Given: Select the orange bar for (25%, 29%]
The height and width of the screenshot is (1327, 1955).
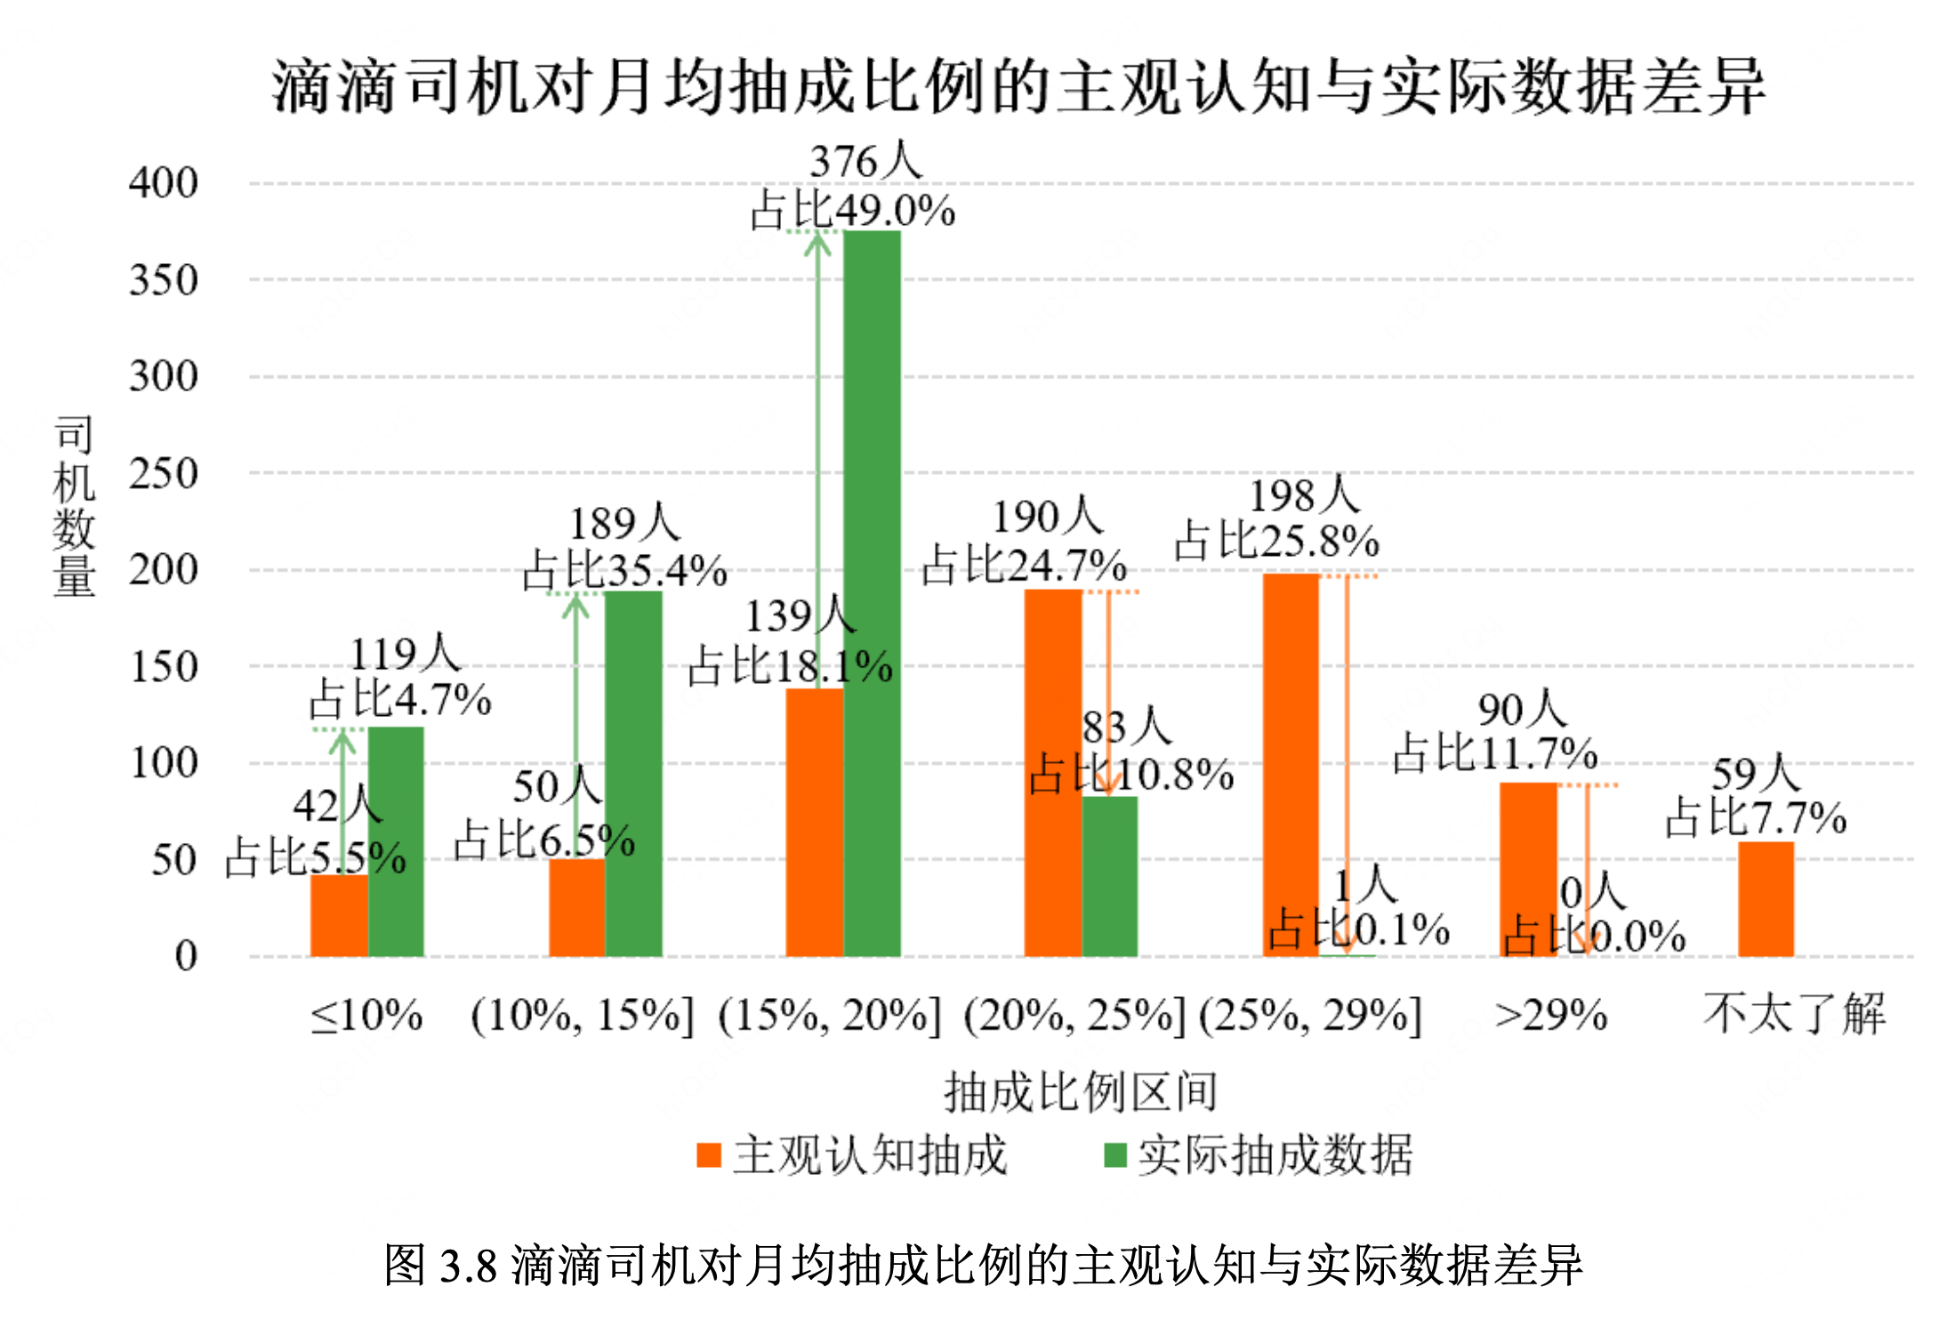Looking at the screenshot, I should (x=1291, y=765).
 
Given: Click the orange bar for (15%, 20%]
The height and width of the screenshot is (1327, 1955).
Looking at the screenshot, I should (x=814, y=822).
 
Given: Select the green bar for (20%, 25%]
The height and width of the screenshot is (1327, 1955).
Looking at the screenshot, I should (x=1110, y=876).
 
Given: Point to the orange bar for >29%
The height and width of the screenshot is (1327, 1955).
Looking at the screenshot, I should (x=1528, y=869).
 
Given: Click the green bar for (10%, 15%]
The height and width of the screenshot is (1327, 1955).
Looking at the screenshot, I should (x=633, y=774).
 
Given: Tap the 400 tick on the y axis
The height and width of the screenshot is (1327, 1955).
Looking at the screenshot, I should (x=163, y=183).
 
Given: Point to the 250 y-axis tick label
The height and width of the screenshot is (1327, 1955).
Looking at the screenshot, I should (x=163, y=474).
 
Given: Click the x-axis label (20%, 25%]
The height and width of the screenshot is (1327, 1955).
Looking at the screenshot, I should (x=1074, y=1016).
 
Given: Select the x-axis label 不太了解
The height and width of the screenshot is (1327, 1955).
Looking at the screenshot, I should (x=1794, y=1014).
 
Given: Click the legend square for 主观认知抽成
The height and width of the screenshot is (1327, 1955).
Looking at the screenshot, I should (x=709, y=1155).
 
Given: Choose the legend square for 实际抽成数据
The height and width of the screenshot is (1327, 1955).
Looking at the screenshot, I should (x=1115, y=1155).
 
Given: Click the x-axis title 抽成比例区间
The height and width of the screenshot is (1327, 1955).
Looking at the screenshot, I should (x=1081, y=1092).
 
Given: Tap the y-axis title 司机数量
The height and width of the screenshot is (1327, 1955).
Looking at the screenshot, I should (x=74, y=506).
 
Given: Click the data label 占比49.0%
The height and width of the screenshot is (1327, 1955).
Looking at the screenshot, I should (x=852, y=212).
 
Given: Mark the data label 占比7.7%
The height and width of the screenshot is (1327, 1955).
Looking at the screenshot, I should (x=1756, y=818).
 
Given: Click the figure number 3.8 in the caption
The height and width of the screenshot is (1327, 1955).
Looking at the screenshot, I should (x=468, y=1266).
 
